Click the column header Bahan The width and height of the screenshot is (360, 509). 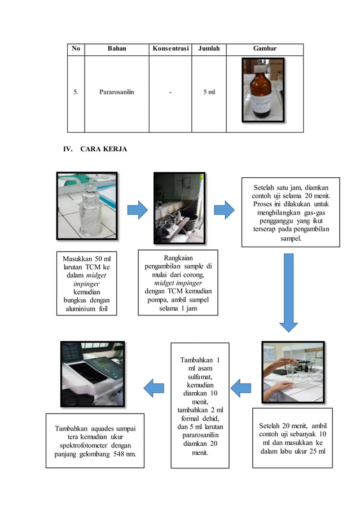(117, 49)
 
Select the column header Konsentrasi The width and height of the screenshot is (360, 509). (170, 49)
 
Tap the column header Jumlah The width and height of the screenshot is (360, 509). (209, 49)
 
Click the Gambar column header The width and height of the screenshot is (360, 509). (265, 49)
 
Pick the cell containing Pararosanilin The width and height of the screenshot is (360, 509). (117, 92)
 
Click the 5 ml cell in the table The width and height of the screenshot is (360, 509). (209, 92)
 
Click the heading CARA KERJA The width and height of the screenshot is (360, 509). (104, 149)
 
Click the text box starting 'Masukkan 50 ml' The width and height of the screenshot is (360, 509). (87, 283)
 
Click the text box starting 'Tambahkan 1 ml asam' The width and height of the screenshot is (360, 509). (200, 405)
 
